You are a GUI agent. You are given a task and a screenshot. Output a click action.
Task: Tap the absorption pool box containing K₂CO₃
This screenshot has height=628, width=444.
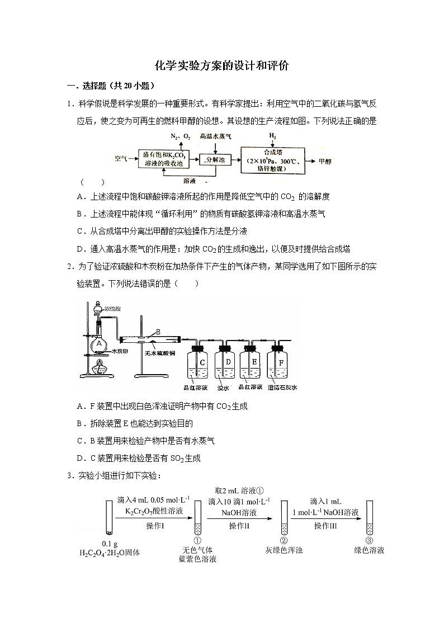click(x=165, y=159)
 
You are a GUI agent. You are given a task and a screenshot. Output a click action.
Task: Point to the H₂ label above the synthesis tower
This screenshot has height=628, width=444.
click(x=272, y=136)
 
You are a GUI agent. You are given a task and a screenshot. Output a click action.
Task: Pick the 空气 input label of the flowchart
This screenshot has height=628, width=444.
click(x=120, y=159)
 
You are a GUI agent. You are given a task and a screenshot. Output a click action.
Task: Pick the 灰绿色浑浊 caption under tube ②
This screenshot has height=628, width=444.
click(x=284, y=550)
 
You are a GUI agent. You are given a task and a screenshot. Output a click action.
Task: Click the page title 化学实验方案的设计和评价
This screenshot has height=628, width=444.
click(x=222, y=66)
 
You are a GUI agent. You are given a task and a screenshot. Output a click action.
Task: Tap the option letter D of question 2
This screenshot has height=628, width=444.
click(x=82, y=458)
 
